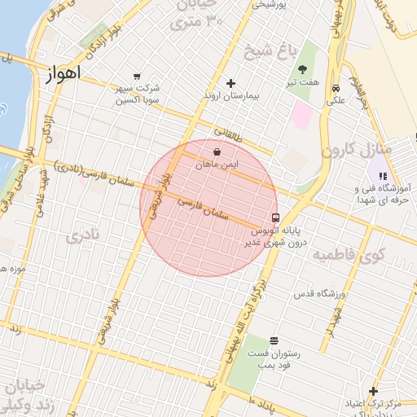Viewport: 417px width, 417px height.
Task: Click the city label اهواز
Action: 61,72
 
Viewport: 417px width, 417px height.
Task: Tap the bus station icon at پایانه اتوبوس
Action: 276,218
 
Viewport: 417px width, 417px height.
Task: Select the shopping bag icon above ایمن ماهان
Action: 217,151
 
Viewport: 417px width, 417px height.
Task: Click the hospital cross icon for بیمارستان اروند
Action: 230,83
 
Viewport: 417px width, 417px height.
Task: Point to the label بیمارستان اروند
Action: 230,96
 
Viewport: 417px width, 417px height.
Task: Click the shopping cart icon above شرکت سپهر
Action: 136,75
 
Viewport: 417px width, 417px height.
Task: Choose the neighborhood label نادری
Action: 82,238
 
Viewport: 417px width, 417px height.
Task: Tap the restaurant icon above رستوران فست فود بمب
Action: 273,340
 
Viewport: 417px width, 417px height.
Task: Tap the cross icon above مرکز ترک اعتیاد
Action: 373,391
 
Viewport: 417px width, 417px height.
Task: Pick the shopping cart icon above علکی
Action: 336,89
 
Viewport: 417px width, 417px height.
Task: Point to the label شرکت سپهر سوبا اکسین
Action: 136,93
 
